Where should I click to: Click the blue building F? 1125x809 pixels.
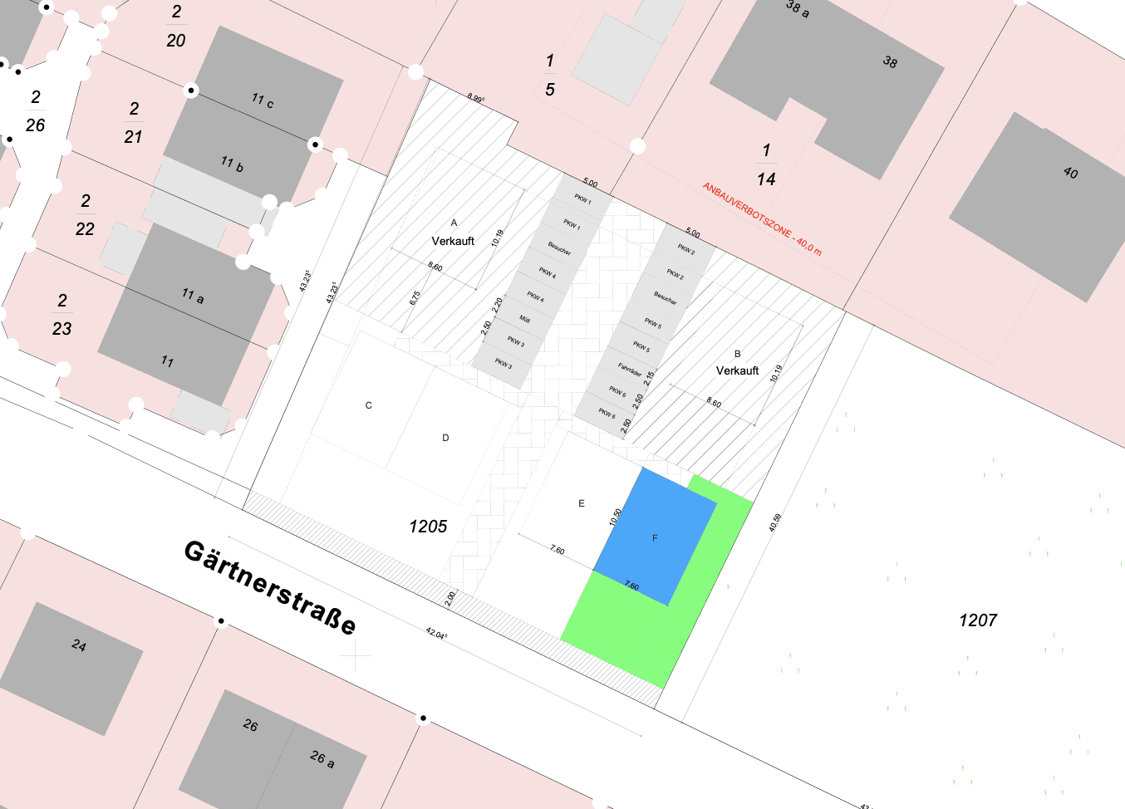click(x=655, y=537)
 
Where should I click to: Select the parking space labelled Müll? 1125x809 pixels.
click(x=525, y=319)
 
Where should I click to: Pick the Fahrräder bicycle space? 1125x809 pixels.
click(x=630, y=368)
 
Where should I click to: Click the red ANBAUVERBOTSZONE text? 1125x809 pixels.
click(x=761, y=218)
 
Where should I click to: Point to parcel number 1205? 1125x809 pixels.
click(x=428, y=527)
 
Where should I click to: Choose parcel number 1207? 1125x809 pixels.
click(x=977, y=620)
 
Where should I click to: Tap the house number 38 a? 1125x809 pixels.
click(x=798, y=8)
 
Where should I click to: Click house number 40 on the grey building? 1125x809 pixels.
click(x=1070, y=173)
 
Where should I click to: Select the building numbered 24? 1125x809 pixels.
click(x=79, y=645)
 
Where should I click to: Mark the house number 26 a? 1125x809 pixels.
click(x=322, y=758)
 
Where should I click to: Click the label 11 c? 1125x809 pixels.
click(x=263, y=101)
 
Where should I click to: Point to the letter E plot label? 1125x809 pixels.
click(x=582, y=503)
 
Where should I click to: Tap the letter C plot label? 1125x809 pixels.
click(x=369, y=405)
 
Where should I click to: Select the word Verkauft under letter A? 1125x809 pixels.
click(x=453, y=241)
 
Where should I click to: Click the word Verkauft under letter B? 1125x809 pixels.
click(x=738, y=370)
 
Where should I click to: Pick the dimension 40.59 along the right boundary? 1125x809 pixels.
click(x=774, y=522)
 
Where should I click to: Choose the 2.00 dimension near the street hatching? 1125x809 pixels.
click(x=450, y=599)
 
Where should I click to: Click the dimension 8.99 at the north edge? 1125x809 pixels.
click(x=475, y=98)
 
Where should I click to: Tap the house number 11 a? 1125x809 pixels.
click(x=193, y=295)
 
